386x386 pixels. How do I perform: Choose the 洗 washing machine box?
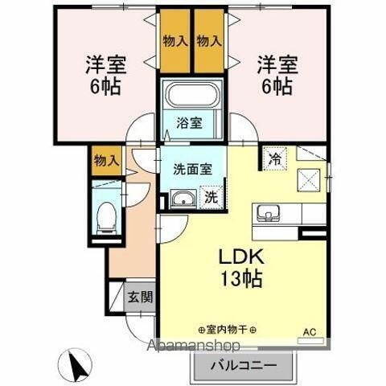pyautogui.click(x=210, y=195)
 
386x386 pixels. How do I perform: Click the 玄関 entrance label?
pyautogui.click(x=140, y=296)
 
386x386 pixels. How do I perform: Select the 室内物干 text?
pyautogui.click(x=227, y=330)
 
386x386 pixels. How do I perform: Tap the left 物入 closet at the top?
pyautogui.click(x=175, y=40)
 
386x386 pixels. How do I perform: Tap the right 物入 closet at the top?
pyautogui.click(x=209, y=40)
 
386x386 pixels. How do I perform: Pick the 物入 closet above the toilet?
pyautogui.click(x=105, y=160)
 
